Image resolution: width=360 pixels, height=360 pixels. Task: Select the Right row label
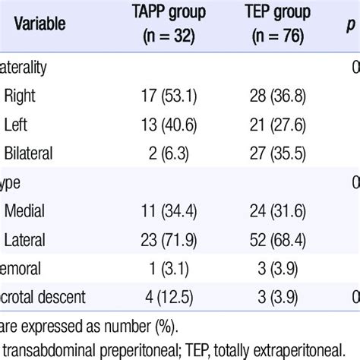pyautogui.click(x=20, y=96)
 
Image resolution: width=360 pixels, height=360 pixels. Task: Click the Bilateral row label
pyautogui.click(x=30, y=153)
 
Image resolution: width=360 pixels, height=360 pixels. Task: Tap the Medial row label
pyautogui.click(x=25, y=212)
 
